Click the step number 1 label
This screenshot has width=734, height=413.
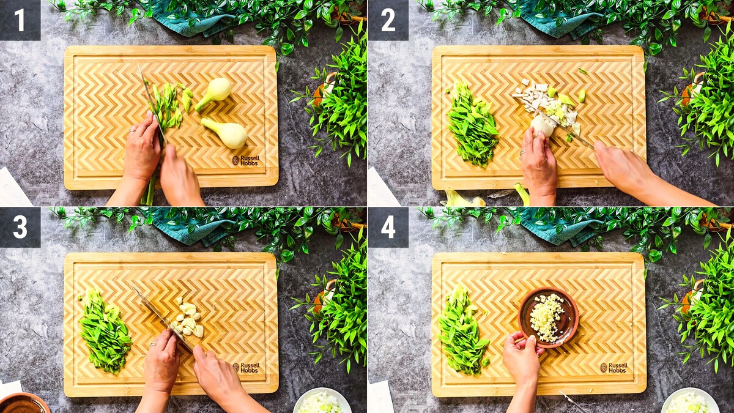point(20,20)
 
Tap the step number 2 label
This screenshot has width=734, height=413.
point(388,20)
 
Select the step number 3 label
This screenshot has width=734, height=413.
point(20,227)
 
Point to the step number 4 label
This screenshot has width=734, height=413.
point(388,227)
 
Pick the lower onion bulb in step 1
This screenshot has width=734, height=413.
point(226,132)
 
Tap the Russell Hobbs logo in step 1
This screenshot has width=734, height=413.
point(246,160)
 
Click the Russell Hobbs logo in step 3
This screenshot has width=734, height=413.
point(247,368)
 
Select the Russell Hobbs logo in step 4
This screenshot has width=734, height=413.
point(614,368)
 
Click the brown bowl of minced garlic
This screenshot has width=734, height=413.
point(548,317)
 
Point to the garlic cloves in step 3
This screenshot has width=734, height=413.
point(188,318)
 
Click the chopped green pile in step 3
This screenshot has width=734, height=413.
point(105,331)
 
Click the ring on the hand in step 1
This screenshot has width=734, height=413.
point(132,131)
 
